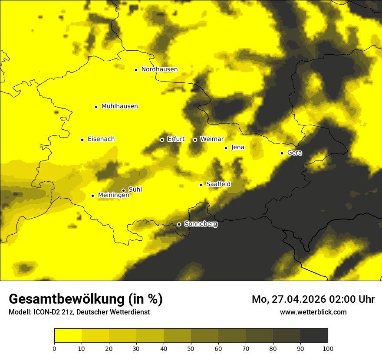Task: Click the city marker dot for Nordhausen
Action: [x=136, y=70]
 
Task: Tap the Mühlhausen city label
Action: [x=119, y=106]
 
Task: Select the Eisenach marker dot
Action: [x=82, y=140]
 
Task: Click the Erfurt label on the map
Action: [x=176, y=139]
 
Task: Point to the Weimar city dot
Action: [x=195, y=140]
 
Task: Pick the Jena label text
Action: [x=237, y=147]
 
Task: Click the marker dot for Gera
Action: [x=282, y=153]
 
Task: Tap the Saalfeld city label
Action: [x=218, y=184]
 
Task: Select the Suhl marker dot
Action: [x=123, y=190]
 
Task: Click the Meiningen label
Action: [x=113, y=196]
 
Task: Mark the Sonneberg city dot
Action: [x=179, y=225]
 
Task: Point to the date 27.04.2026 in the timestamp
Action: [x=299, y=299]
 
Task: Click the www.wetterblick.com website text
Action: [x=313, y=312]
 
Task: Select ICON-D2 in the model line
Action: [x=47, y=312]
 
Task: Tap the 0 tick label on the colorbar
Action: [x=54, y=348]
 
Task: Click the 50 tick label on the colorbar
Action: [x=191, y=348]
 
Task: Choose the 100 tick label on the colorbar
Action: [x=328, y=348]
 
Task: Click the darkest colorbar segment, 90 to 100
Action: [x=314, y=335]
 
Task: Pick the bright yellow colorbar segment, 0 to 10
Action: [x=68, y=335]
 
